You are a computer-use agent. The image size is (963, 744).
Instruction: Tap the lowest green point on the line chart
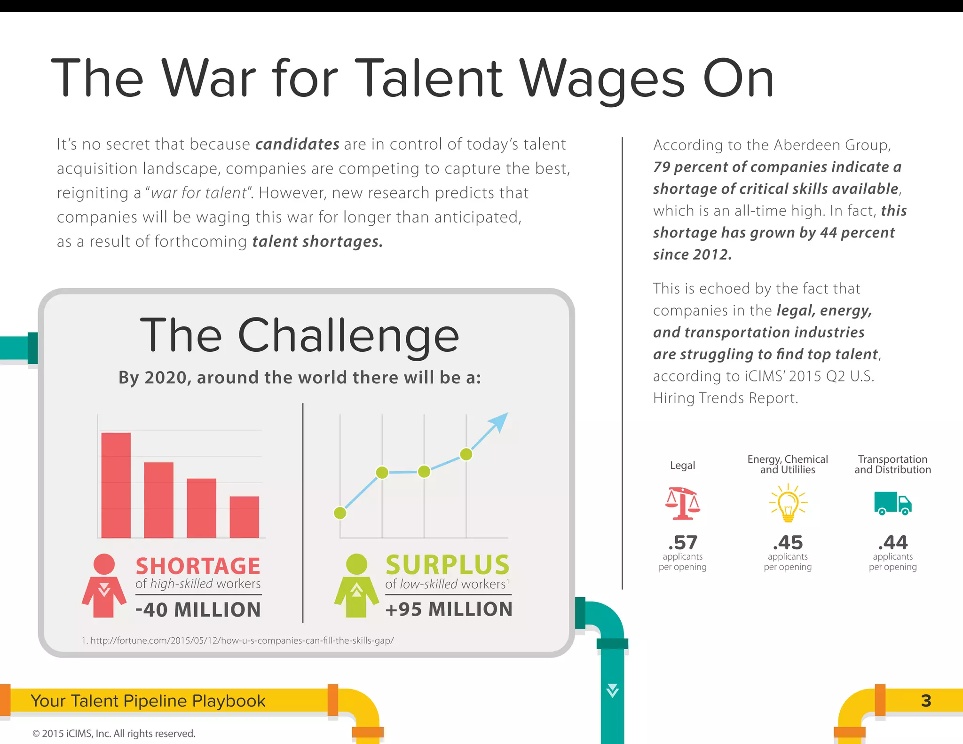(x=340, y=513)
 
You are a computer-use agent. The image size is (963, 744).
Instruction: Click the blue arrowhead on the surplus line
(x=500, y=421)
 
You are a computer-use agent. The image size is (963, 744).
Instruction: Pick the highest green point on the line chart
(x=466, y=454)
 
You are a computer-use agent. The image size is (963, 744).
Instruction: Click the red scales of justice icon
(x=682, y=503)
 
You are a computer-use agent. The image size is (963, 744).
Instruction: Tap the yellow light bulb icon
(x=788, y=503)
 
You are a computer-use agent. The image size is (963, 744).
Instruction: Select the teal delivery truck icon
(x=892, y=503)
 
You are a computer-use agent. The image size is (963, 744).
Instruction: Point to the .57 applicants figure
(x=682, y=543)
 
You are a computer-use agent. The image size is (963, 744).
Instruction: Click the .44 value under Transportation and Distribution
(x=892, y=543)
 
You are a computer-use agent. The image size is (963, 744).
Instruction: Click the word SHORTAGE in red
(x=198, y=566)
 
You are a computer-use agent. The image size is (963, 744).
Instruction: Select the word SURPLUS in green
(x=447, y=565)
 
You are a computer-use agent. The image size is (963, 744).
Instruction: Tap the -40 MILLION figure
(x=198, y=609)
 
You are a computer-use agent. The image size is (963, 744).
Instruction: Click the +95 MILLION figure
(x=449, y=609)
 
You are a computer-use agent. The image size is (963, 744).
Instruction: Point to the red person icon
(x=104, y=586)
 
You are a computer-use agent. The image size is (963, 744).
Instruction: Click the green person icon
(x=356, y=586)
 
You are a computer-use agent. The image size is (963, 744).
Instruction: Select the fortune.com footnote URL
(x=238, y=641)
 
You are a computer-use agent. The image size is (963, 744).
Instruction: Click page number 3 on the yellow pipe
(x=926, y=701)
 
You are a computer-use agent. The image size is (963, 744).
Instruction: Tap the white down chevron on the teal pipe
(x=612, y=690)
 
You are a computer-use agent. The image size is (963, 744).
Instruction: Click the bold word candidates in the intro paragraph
(x=297, y=144)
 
